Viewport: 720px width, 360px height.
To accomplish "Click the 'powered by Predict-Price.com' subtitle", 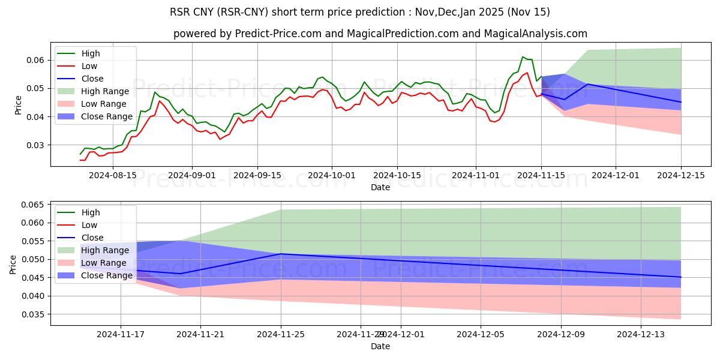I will click(380, 34).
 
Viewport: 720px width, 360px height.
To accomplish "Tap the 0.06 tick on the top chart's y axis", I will click(35, 60).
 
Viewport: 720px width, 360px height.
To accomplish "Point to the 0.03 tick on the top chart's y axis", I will click(35, 145).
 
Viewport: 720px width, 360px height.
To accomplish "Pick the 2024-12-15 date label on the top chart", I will click(680, 175).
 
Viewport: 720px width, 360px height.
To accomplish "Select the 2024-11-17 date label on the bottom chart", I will click(121, 334).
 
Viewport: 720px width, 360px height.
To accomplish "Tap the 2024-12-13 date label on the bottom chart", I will click(641, 334).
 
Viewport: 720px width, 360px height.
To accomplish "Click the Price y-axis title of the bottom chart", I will click(13, 263).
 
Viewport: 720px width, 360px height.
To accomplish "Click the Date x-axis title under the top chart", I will click(380, 187).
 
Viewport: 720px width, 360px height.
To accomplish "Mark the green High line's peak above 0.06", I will click(523, 57).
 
